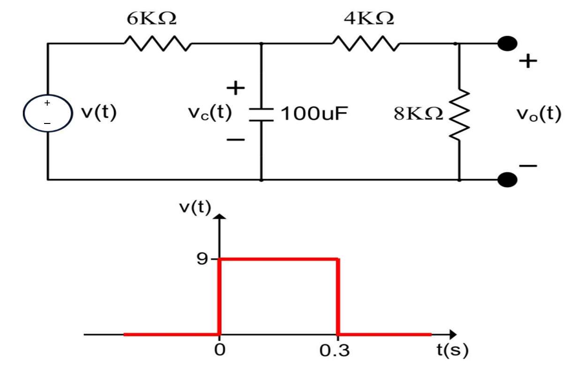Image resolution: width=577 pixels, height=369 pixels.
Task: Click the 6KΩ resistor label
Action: [151, 18]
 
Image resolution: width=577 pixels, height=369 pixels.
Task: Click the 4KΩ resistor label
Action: [369, 18]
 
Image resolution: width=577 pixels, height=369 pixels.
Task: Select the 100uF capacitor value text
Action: [313, 114]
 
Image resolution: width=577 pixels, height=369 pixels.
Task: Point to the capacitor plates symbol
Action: [261, 115]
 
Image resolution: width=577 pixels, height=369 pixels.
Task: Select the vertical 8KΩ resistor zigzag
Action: [459, 114]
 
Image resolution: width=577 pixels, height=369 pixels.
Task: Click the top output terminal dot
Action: [507, 44]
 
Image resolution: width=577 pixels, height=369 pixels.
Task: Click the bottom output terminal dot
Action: [507, 179]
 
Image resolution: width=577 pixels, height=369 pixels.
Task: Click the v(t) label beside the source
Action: [98, 113]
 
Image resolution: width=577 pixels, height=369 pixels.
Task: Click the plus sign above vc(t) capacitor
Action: [236, 88]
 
